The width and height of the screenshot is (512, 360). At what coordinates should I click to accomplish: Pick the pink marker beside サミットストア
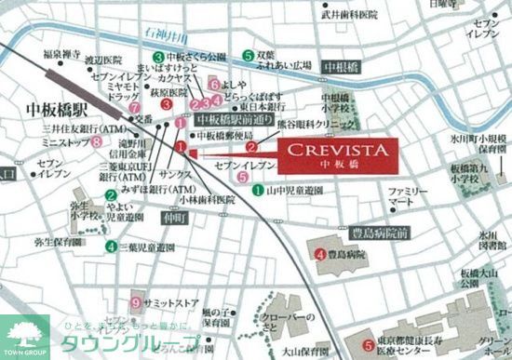[136, 302]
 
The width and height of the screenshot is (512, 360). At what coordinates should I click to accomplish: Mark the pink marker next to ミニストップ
[97, 142]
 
